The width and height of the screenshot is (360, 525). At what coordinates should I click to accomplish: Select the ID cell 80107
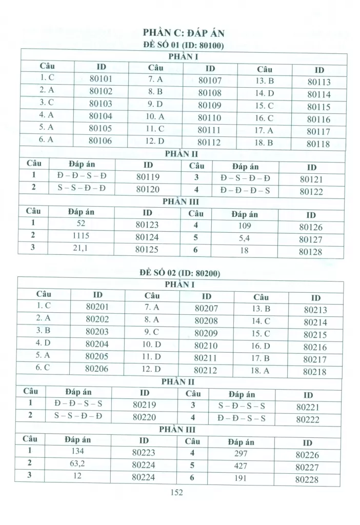210,80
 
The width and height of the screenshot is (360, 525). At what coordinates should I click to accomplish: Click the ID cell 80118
318,144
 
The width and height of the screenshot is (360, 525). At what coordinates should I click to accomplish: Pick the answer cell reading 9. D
154,105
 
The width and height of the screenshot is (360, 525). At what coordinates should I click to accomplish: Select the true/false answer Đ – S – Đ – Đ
245,178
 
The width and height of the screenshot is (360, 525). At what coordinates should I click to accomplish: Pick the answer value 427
240,466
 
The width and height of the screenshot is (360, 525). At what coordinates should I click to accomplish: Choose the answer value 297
240,454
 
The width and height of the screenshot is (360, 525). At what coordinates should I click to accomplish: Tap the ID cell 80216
315,347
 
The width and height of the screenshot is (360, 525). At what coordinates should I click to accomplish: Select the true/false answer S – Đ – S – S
242,406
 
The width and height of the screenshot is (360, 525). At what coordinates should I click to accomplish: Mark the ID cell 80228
307,480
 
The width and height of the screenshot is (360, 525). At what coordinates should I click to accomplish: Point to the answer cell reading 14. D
264,93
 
